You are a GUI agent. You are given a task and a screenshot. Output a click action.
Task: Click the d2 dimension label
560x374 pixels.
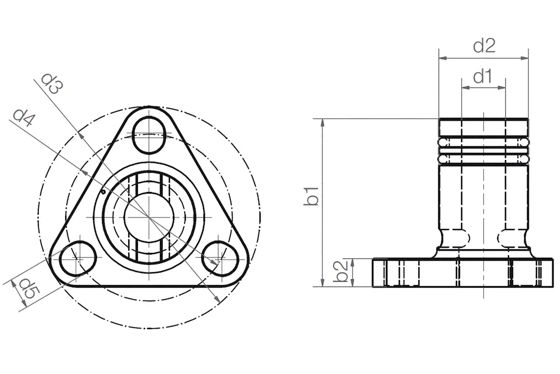point(484,46)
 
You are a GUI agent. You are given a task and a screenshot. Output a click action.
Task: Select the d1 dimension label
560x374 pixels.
point(482,77)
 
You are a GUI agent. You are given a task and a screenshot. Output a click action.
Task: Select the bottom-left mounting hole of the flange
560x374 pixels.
point(78,259)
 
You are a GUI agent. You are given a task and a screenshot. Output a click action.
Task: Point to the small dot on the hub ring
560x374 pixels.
point(102,192)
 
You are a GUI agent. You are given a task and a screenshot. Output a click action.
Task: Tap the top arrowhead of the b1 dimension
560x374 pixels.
point(323,122)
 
